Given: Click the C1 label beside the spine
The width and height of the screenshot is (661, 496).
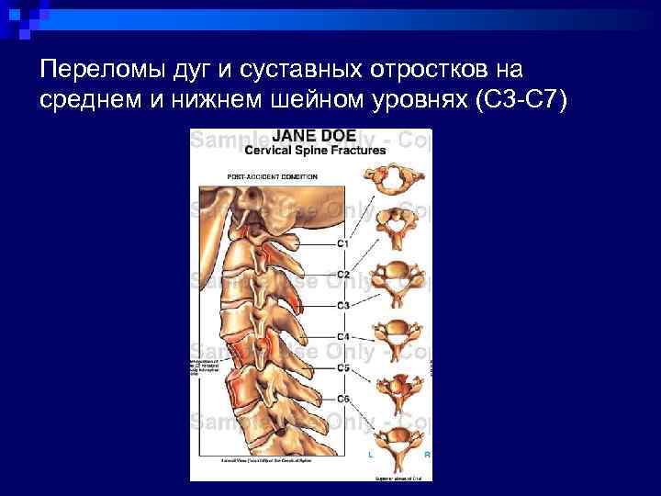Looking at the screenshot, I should pyautogui.click(x=342, y=243).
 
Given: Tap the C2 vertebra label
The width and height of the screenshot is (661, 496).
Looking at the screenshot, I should pyautogui.click(x=342, y=274).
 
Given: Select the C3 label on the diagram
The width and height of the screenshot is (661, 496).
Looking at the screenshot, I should pyautogui.click(x=342, y=304).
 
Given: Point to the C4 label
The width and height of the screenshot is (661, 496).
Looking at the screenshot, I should pyautogui.click(x=342, y=337).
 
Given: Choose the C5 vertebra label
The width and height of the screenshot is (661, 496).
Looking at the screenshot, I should pyautogui.click(x=342, y=367).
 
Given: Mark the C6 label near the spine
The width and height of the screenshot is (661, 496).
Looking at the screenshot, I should pyautogui.click(x=342, y=398).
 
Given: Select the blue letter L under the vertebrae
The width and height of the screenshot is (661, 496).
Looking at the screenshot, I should pyautogui.click(x=371, y=454).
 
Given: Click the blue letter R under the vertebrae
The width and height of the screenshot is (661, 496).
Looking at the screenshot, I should pyautogui.click(x=427, y=454).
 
